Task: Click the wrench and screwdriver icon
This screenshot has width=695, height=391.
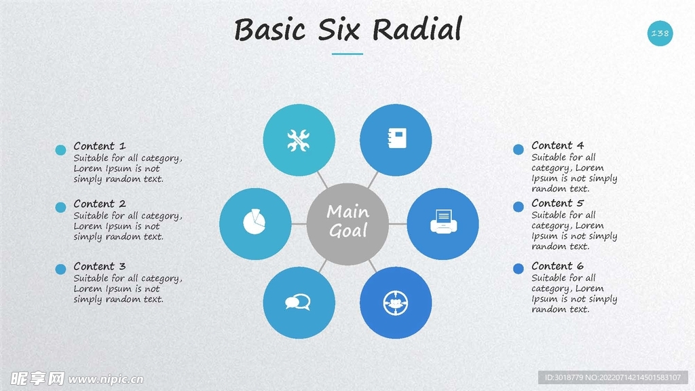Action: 299,140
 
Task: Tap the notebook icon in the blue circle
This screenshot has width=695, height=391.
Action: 397,138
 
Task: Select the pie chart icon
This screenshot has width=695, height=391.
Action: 255,222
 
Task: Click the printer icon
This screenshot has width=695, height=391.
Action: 443,222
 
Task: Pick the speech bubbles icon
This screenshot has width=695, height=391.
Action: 297,302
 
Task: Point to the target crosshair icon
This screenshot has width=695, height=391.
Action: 396,303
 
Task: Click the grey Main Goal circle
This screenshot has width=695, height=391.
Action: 348,224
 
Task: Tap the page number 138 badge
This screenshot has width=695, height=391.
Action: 660,33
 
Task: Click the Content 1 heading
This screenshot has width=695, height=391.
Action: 100,146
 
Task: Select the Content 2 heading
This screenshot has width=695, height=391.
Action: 100,204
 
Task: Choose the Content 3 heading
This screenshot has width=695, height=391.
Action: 100,266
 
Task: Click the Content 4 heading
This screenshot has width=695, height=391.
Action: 558,145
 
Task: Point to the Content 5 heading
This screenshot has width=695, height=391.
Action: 558,203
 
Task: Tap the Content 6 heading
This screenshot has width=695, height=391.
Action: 558,266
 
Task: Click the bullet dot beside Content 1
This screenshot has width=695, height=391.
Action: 60,150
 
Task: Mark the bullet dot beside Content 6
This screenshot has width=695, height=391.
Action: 518,269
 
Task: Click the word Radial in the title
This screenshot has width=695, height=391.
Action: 417,29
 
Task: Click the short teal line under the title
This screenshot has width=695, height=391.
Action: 347,54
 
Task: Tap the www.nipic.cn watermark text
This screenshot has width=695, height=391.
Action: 106,379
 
